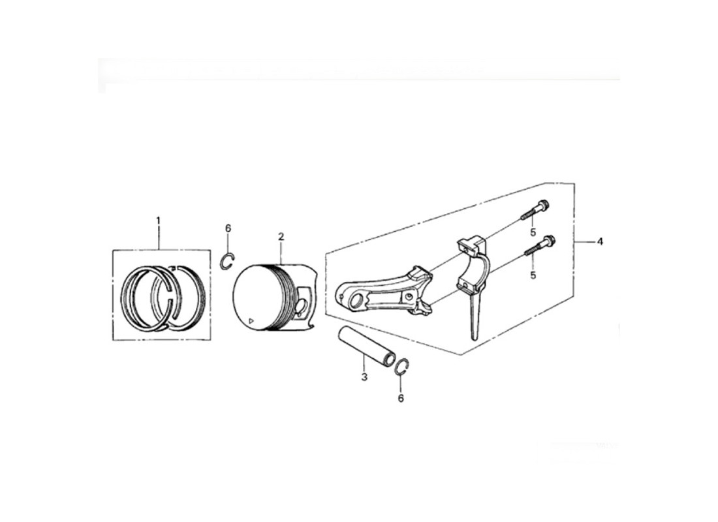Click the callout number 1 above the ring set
[x=159, y=221]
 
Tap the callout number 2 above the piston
[x=281, y=237]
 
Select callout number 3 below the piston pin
[x=364, y=377]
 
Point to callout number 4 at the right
[x=600, y=241]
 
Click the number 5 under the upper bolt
[x=533, y=232]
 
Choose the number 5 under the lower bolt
[x=533, y=275]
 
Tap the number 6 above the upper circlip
[x=228, y=228]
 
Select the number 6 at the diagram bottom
[x=401, y=399]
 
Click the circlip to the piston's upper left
[x=228, y=260]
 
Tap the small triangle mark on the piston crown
[x=250, y=321]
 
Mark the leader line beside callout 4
[x=584, y=241]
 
